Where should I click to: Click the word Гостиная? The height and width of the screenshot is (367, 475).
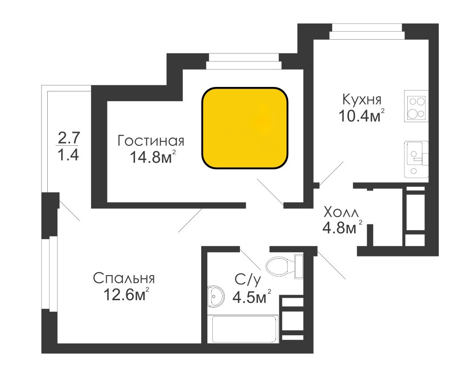point(151,141)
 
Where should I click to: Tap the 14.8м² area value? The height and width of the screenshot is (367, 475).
point(153,157)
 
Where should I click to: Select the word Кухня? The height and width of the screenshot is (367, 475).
point(362,99)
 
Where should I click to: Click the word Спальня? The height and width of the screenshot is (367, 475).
point(124,278)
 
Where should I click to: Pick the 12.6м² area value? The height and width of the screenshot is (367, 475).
point(126,294)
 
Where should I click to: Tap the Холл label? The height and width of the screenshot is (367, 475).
point(341,212)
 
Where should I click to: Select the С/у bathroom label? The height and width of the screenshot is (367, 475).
point(247,280)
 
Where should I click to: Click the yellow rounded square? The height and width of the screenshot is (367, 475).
point(245,128)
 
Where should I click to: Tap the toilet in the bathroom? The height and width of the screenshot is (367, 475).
point(284,267)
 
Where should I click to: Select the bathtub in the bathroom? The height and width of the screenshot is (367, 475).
point(245,329)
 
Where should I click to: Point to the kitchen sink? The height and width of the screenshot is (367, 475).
point(416,159)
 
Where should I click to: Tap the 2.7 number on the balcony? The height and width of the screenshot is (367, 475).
point(69,138)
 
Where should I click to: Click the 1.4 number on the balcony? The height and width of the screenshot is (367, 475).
point(69,155)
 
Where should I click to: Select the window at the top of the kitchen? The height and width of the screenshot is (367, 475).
point(367,32)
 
